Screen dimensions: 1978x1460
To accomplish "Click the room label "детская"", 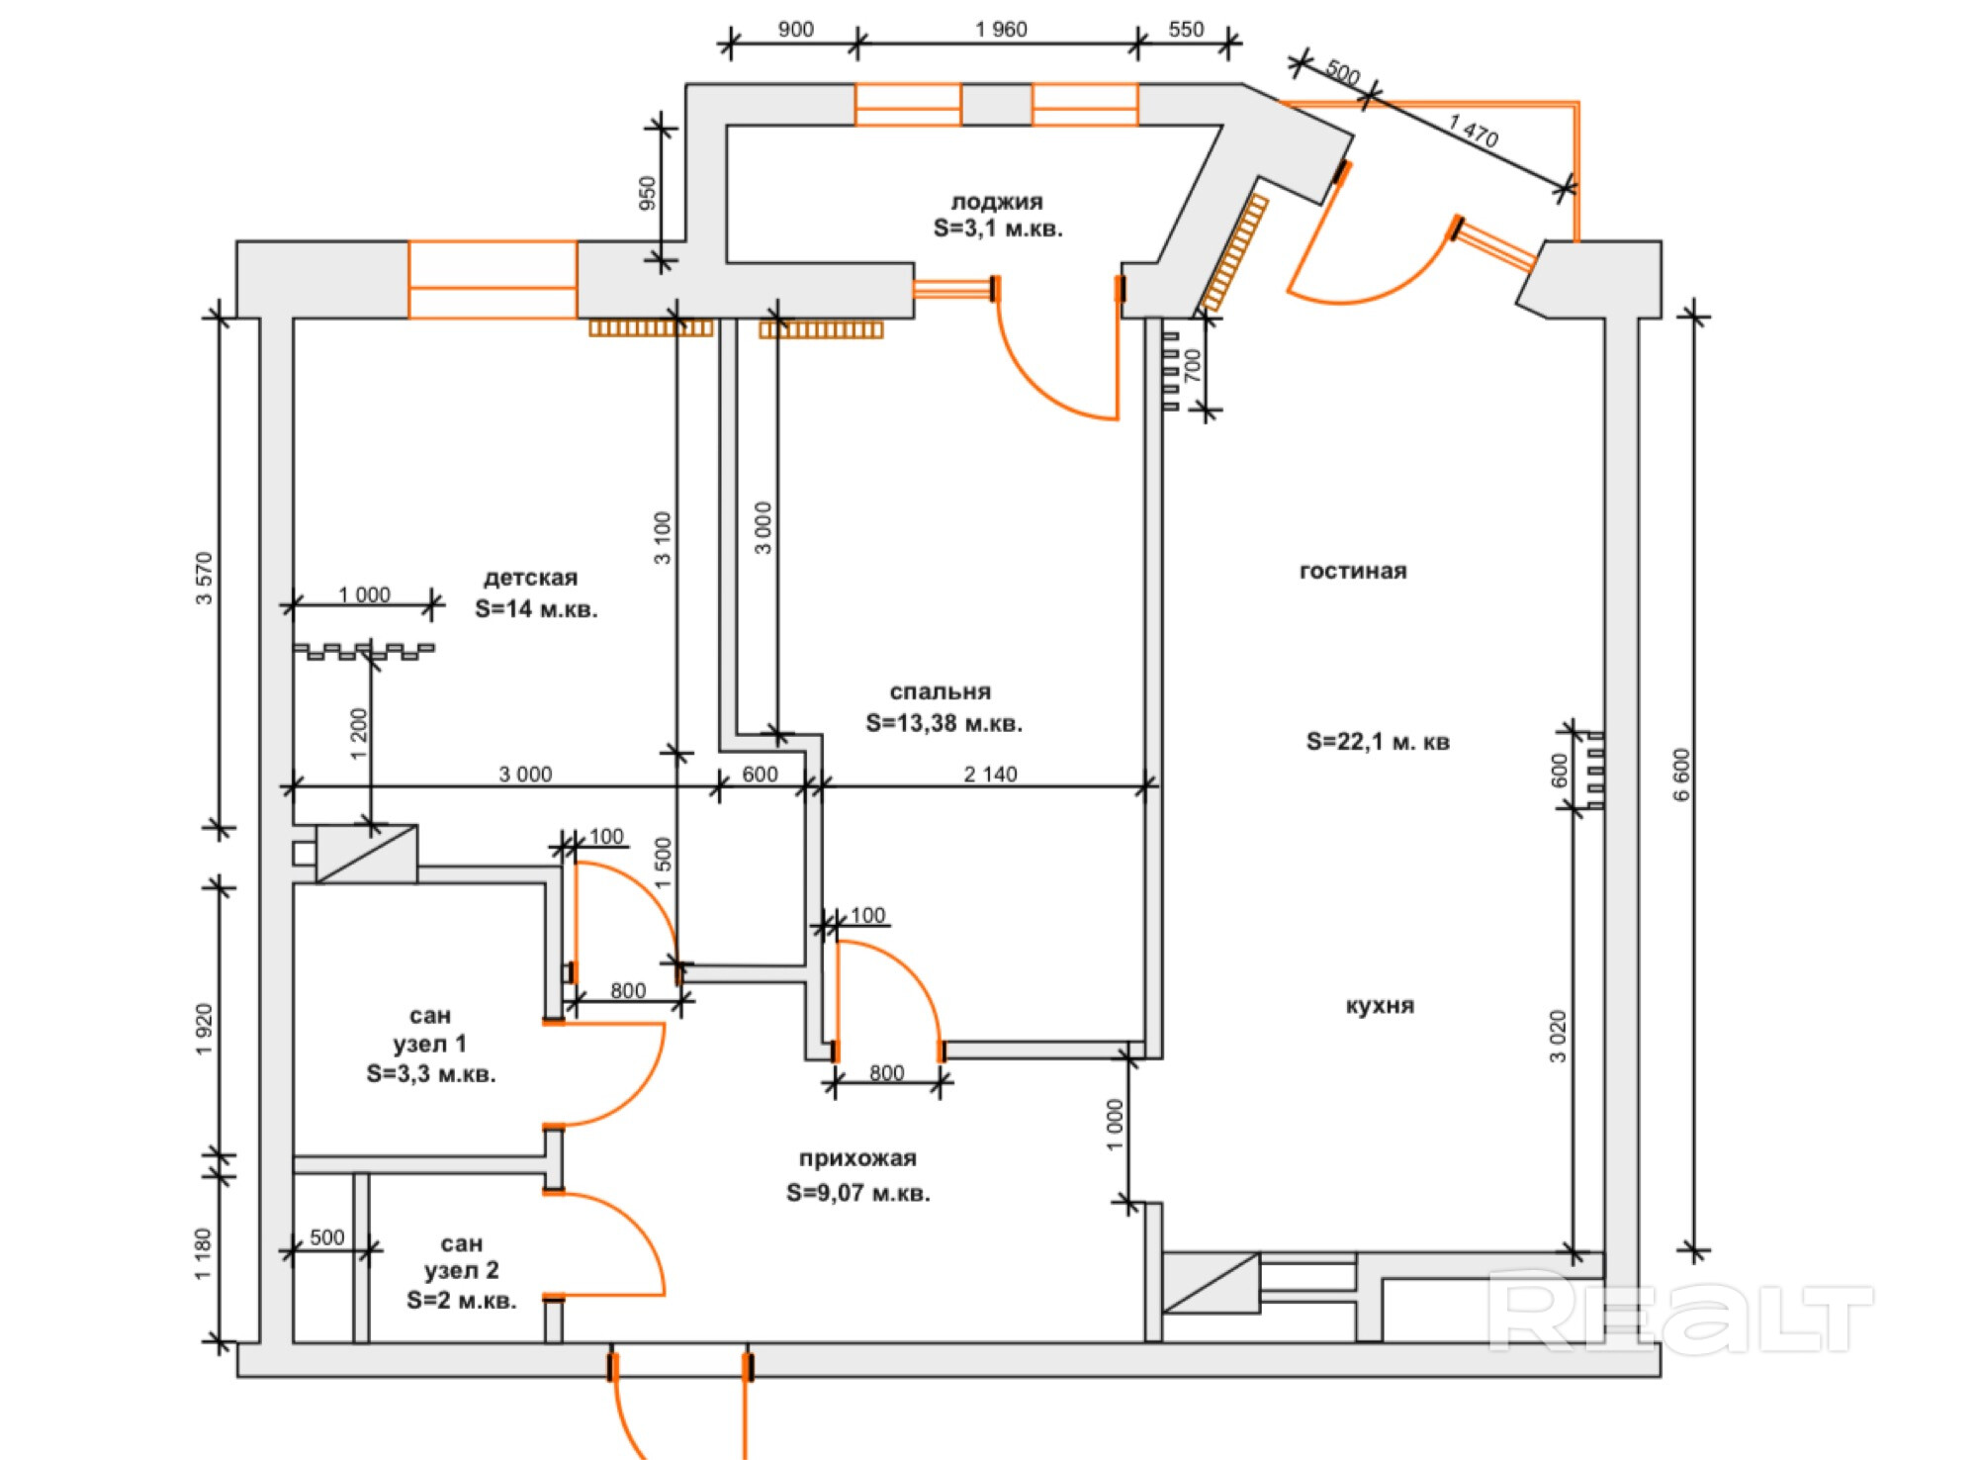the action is tap(530, 578).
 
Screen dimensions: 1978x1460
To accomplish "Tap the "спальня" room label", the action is tap(940, 692).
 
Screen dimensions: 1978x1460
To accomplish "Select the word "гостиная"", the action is tap(1352, 571).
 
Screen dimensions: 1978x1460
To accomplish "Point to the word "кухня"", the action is tap(1380, 1006).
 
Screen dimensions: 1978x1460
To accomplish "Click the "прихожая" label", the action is tap(857, 1158).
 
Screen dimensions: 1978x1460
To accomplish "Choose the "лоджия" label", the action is tap(997, 202).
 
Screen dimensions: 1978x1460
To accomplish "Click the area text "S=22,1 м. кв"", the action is tap(1378, 741).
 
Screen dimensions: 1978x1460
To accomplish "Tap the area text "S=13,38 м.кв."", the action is tap(944, 723).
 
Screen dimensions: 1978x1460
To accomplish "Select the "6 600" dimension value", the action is tap(1682, 775).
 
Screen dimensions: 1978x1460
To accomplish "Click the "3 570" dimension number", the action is tap(204, 579).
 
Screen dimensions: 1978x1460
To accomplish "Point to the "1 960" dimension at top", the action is tap(1001, 30).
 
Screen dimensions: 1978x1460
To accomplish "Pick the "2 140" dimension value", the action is tap(990, 775).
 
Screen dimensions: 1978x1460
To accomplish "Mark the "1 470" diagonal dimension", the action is tap(1473, 131).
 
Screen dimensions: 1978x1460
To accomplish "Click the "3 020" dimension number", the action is tap(1559, 1036).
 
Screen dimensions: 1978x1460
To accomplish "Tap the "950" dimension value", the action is tap(647, 193).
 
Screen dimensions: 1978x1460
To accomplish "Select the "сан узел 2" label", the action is tap(461, 1256).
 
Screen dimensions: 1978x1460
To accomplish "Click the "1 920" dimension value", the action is tap(204, 1030).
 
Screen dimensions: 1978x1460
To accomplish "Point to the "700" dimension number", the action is tap(1193, 365).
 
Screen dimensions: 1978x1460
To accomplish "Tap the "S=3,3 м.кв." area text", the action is tap(430, 1074).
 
